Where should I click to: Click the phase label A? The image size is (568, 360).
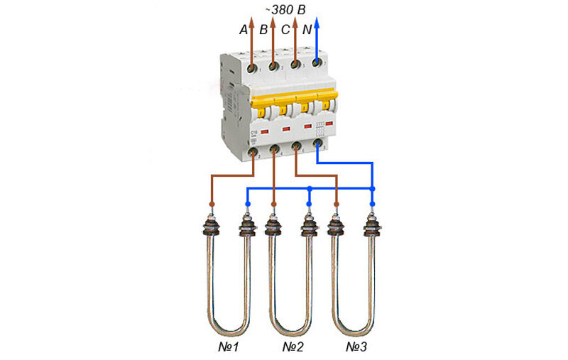[244, 30]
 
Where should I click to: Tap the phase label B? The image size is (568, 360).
[263, 30]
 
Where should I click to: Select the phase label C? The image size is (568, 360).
[285, 30]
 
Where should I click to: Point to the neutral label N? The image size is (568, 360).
[307, 30]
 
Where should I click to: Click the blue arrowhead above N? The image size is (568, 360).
[317, 22]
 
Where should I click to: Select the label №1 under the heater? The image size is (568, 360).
[230, 348]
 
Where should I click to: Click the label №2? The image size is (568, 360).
[293, 348]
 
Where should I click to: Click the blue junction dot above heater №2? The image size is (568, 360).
[309, 189]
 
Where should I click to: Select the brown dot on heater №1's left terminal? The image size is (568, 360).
[212, 204]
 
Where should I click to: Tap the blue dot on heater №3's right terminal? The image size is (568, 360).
[371, 204]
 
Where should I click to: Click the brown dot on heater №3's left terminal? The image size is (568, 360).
[337, 204]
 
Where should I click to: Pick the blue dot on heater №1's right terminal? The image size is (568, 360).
[247, 204]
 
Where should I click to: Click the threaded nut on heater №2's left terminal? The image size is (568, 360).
[273, 228]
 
